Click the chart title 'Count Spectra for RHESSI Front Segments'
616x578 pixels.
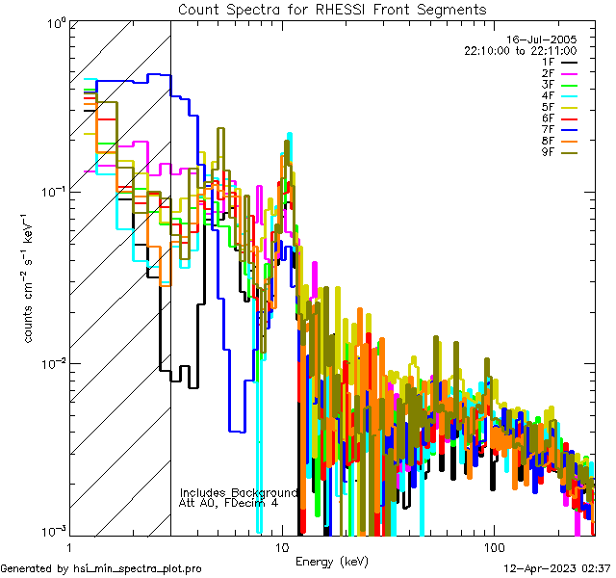[332, 9]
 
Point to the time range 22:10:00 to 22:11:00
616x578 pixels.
[520, 50]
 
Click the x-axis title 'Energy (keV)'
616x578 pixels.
[331, 561]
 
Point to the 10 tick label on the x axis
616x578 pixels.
[282, 547]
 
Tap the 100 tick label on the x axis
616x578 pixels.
[493, 547]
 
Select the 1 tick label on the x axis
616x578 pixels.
[71, 547]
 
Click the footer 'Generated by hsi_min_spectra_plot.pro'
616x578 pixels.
[101, 569]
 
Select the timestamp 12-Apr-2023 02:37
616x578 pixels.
[557, 569]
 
